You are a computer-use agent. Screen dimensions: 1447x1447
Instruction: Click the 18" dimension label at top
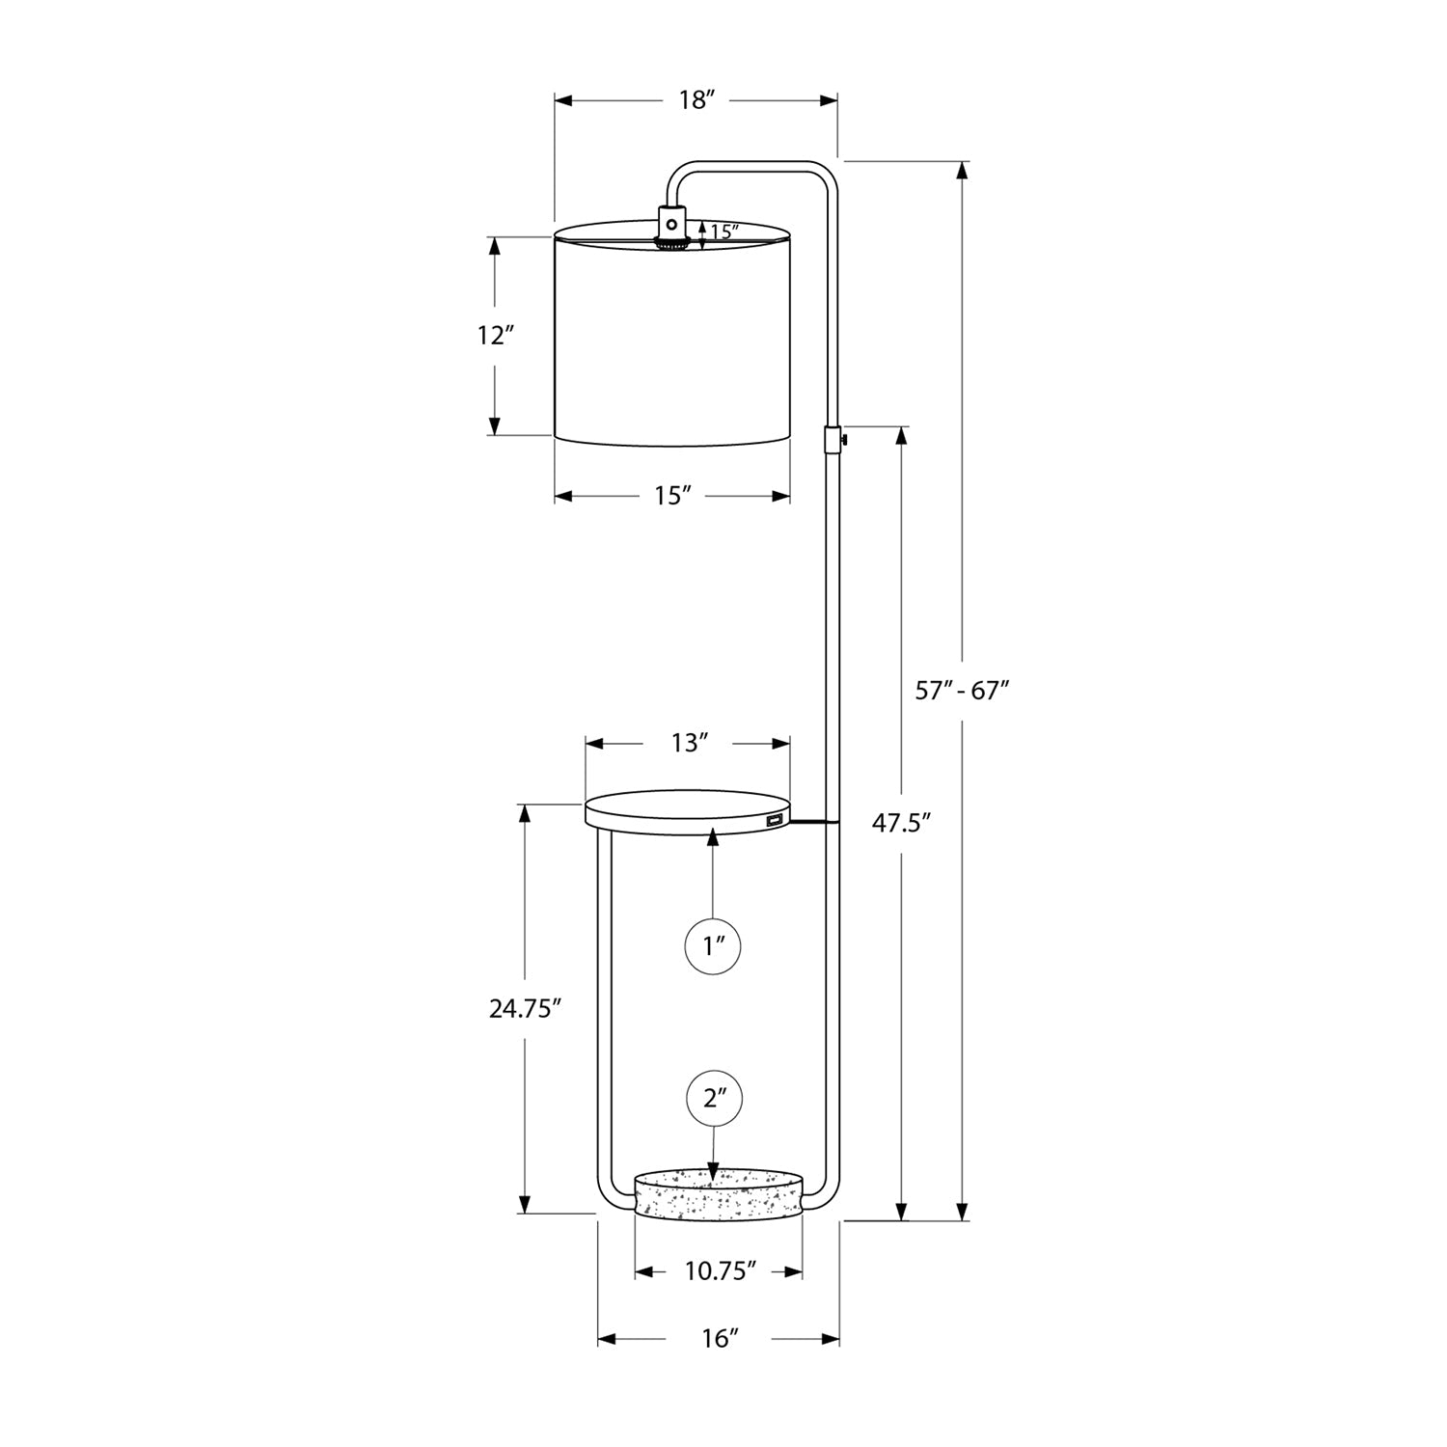click(695, 100)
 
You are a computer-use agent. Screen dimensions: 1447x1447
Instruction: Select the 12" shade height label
click(495, 336)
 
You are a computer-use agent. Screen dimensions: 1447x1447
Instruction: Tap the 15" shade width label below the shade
click(673, 496)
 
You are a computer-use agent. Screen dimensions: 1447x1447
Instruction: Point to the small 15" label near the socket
click(723, 232)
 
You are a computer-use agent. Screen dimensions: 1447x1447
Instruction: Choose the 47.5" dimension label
click(901, 823)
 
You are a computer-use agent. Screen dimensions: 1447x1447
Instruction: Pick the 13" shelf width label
click(690, 743)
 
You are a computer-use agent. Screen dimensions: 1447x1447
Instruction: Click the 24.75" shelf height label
click(525, 1009)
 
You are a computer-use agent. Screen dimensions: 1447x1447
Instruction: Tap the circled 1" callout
click(713, 946)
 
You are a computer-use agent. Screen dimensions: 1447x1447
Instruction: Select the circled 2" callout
click(713, 1098)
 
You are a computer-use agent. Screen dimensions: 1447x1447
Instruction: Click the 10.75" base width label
click(720, 1272)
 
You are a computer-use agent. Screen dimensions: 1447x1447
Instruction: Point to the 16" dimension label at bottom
click(720, 1338)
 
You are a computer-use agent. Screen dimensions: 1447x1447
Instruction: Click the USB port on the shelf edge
click(773, 821)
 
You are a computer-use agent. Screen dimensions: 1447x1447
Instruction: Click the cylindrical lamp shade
click(672, 338)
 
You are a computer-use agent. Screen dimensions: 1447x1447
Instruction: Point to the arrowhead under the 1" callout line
click(713, 837)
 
